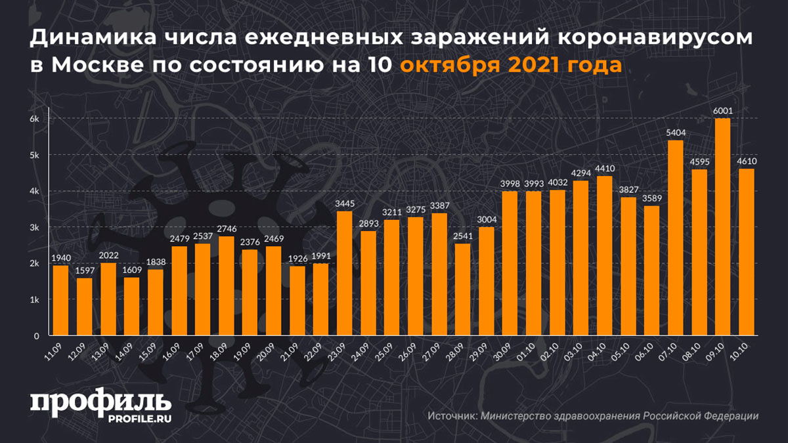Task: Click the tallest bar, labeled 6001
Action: (722, 227)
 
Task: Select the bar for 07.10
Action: (674, 238)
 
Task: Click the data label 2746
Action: (226, 230)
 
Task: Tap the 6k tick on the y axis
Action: (35, 119)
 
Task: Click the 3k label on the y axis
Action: (35, 228)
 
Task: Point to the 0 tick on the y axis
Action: (37, 336)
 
